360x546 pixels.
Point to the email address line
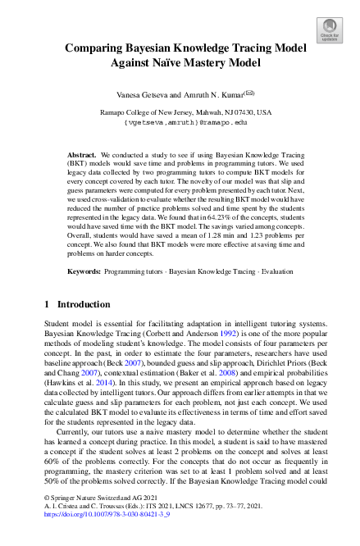click(x=180, y=121)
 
